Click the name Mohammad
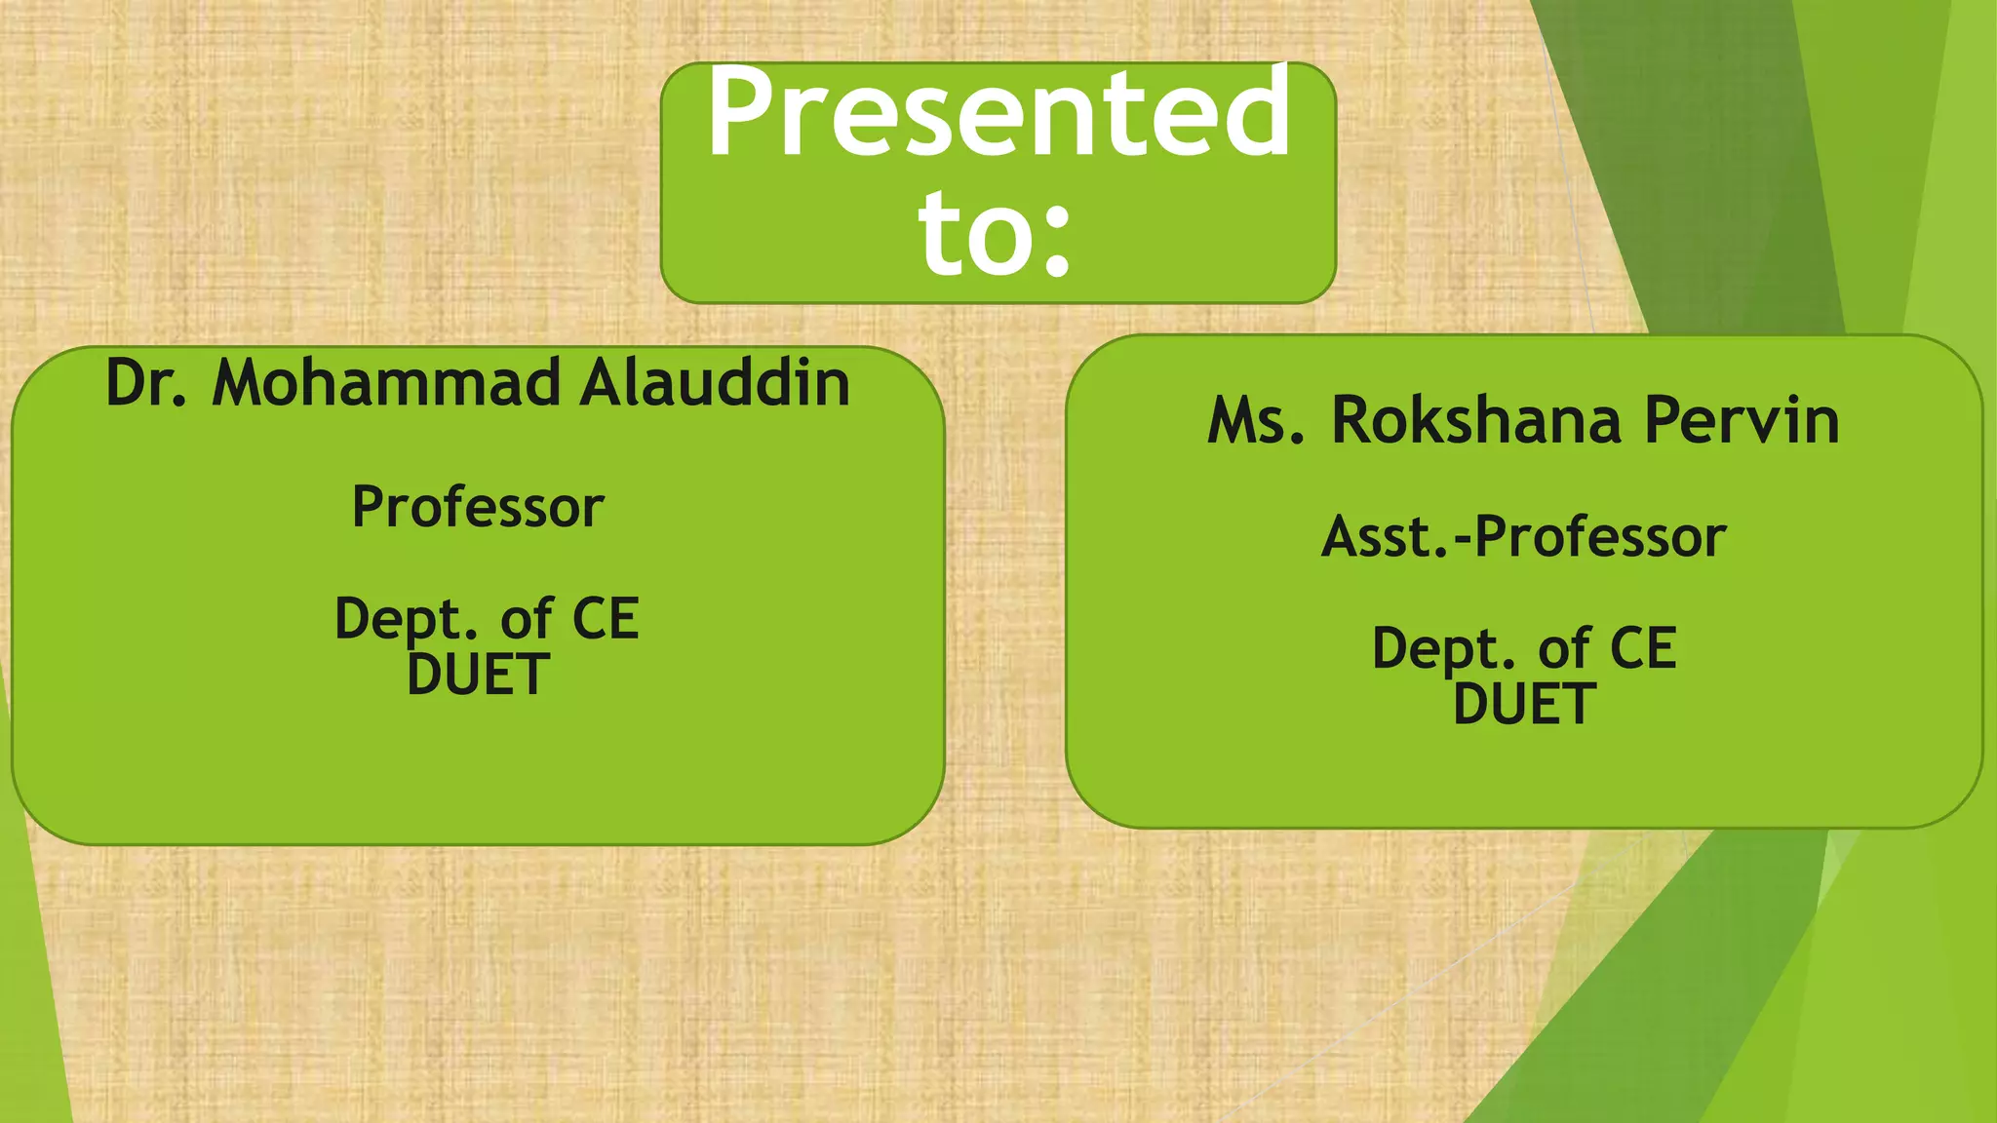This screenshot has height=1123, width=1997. pos(386,382)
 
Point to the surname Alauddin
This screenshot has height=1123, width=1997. pos(715,382)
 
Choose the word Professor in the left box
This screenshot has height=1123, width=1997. pos(478,507)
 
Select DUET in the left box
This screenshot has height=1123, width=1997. pos(478,675)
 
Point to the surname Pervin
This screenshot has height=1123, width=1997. pos(1742,421)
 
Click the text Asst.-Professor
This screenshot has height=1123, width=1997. pos(1524,537)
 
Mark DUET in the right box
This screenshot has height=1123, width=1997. pos(1524,704)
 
